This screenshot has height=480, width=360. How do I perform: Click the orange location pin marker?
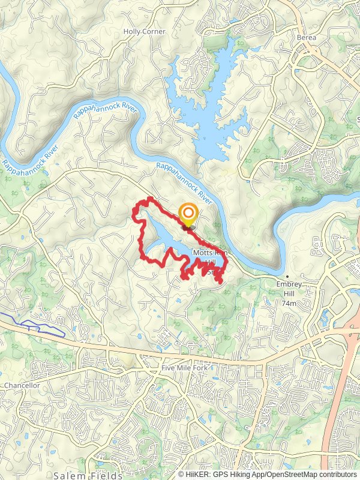188,215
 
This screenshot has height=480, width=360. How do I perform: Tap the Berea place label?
306,37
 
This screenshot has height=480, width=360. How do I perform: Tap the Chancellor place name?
22,385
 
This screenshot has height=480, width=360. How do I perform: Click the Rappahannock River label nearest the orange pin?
185,181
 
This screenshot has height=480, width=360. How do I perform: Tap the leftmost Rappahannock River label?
30,155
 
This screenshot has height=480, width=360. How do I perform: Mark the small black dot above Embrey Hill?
287,277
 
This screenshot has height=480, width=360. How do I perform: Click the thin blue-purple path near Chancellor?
36,326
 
